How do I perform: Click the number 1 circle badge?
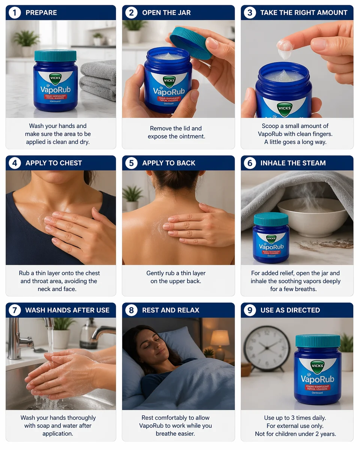pyautogui.click(x=15, y=13)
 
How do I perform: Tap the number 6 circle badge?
pyautogui.click(x=249, y=163)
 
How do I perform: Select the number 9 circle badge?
pyautogui.click(x=249, y=310)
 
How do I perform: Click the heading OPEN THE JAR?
pyautogui.click(x=166, y=13)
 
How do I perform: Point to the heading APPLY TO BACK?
pyautogui.click(x=169, y=163)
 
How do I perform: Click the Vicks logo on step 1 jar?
pyautogui.click(x=55, y=79)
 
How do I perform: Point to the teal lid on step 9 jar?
pyautogui.click(x=318, y=341)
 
